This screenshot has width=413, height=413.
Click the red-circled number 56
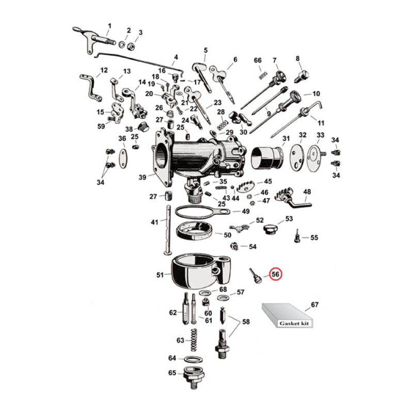click(x=275, y=275)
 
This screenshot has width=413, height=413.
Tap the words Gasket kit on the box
click(x=292, y=323)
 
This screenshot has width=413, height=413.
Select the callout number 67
click(x=314, y=305)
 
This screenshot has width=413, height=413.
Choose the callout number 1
click(x=109, y=25)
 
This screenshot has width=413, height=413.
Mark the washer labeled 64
click(x=193, y=358)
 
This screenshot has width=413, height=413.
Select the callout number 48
click(x=307, y=192)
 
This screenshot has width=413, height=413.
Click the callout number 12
click(x=104, y=70)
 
